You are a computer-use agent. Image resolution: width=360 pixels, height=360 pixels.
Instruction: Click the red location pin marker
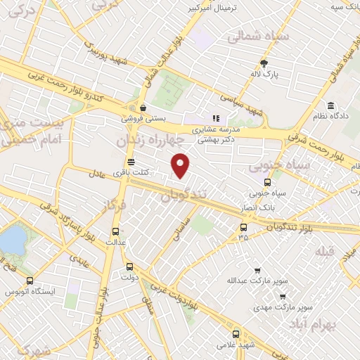coord(181,165)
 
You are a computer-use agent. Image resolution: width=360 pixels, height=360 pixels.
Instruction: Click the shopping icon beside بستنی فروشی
coord(144,108)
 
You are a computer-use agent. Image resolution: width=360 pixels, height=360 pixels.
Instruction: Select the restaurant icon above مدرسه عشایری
coord(217,119)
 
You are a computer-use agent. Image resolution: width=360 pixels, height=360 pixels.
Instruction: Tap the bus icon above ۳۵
coord(243,226)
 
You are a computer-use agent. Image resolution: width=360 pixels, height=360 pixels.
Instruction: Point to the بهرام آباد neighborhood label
coord(332,326)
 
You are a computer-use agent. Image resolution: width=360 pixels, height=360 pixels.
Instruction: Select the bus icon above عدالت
coord(116,231)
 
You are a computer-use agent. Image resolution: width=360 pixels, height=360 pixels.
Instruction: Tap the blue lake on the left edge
coord(10,240)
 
